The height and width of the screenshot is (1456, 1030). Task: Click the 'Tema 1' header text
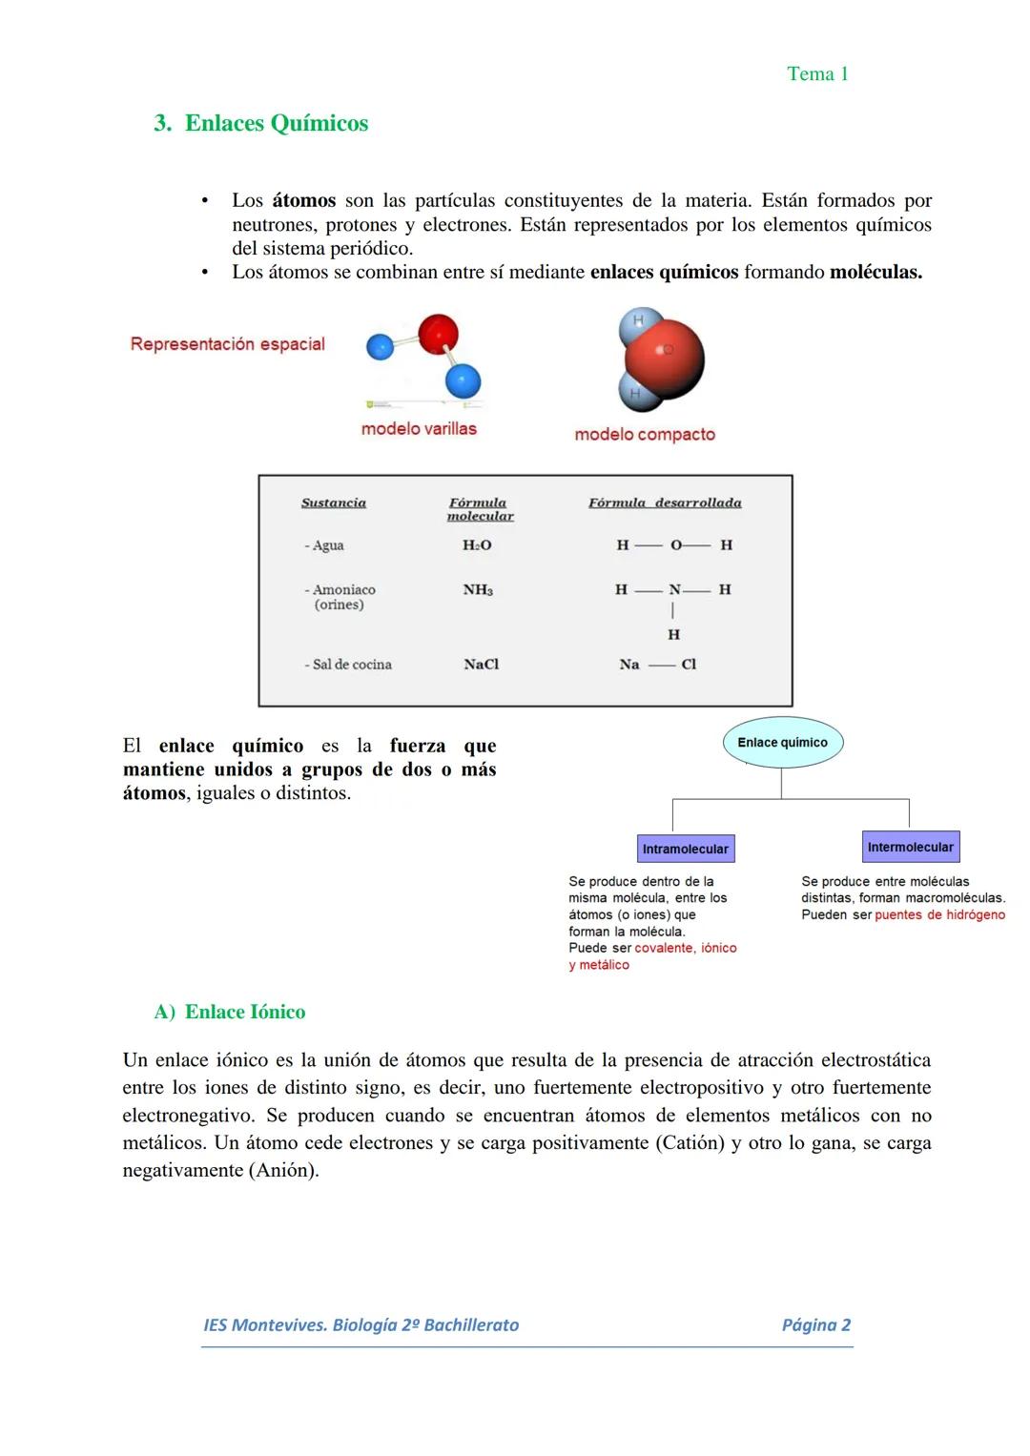[817, 74]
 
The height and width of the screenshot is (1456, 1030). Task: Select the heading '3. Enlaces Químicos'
[260, 124]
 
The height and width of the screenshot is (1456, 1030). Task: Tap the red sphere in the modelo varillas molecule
[438, 334]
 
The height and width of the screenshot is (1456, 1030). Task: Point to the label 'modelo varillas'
[419, 429]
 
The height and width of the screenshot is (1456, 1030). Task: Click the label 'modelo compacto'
[645, 435]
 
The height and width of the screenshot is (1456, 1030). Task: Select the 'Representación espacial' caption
[228, 344]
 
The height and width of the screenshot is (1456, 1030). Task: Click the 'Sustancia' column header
[334, 503]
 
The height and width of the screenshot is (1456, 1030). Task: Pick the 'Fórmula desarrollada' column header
[665, 503]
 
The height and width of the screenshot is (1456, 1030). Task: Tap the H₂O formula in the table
[477, 545]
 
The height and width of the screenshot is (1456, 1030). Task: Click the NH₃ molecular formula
[478, 590]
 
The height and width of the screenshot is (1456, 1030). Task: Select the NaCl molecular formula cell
[481, 665]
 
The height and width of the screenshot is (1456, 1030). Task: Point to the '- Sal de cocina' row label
[348, 665]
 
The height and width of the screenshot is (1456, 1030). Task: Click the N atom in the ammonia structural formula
[674, 590]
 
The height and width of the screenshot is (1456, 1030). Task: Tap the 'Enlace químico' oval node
[782, 743]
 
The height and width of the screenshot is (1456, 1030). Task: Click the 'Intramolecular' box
[685, 849]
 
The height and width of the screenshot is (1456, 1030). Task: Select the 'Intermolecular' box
[910, 847]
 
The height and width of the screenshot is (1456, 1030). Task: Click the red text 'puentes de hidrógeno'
[939, 915]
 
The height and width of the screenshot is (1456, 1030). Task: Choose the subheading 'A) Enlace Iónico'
[230, 1013]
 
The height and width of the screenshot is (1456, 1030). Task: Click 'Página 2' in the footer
[815, 1325]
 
